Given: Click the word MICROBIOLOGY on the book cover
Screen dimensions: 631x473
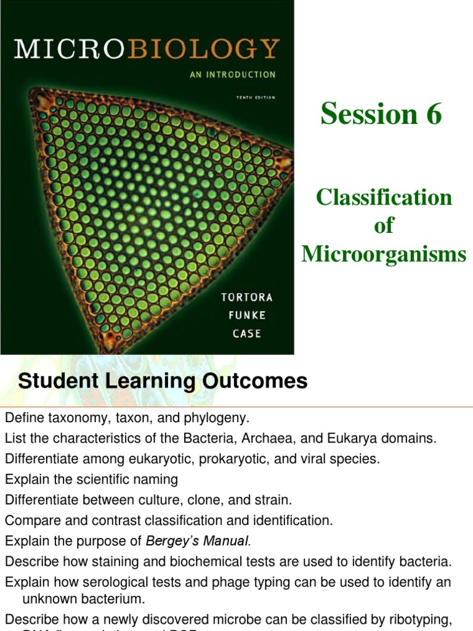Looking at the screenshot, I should (147, 49).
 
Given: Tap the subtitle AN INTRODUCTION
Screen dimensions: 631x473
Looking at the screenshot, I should (232, 75).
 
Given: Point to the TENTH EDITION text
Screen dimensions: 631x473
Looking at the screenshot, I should (256, 97).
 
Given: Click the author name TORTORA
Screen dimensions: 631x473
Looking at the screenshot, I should (247, 297).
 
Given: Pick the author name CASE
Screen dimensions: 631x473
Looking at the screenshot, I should (246, 333).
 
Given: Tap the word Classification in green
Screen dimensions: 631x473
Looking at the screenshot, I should (384, 197).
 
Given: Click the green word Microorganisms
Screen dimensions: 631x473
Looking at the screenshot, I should (384, 254).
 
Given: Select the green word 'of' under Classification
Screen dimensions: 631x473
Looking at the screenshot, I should (384, 226).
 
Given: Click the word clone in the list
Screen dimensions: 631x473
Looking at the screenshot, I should (206, 500).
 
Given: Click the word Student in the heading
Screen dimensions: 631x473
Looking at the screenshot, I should (51, 381).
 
